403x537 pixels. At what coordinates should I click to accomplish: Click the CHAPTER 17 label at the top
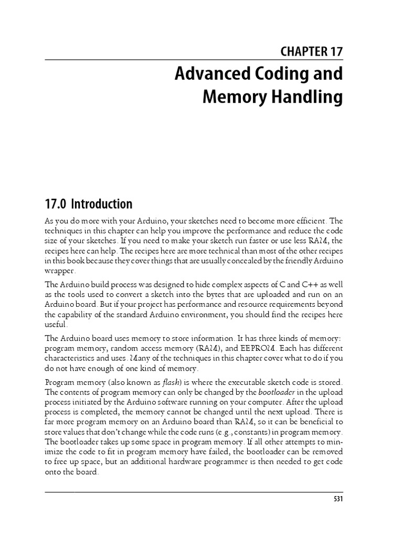(312, 51)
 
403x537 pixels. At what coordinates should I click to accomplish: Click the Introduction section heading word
(102, 203)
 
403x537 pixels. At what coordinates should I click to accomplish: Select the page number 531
(337, 499)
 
